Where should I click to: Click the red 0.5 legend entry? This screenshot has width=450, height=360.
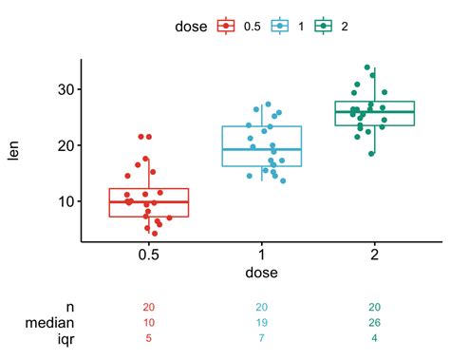238,26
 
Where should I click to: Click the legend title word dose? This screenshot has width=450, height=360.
192,26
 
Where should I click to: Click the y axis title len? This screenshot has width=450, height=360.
14,150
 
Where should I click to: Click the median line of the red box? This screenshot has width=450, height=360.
149,201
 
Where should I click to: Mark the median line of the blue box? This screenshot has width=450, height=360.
262,149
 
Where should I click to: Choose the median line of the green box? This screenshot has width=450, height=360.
375,111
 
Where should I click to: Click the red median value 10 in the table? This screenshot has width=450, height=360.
149,323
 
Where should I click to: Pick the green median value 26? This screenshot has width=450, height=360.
375,323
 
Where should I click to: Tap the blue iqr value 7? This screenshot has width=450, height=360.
262,338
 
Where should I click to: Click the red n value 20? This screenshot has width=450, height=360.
149,308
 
